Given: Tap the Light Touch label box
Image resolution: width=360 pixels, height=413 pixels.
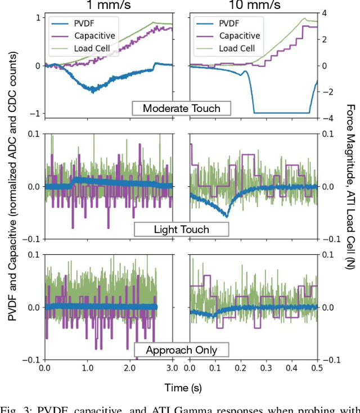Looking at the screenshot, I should (x=181, y=229).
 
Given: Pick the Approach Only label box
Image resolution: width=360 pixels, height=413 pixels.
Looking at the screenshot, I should (x=181, y=349).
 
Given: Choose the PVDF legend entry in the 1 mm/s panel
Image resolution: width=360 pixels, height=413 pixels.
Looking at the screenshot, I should (x=84, y=25).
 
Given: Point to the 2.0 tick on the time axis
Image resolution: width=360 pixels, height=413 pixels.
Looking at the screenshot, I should (x=129, y=369).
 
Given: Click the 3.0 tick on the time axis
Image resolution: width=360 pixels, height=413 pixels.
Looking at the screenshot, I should (x=172, y=369).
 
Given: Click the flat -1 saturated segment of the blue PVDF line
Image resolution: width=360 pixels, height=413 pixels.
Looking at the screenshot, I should (x=281, y=113).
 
